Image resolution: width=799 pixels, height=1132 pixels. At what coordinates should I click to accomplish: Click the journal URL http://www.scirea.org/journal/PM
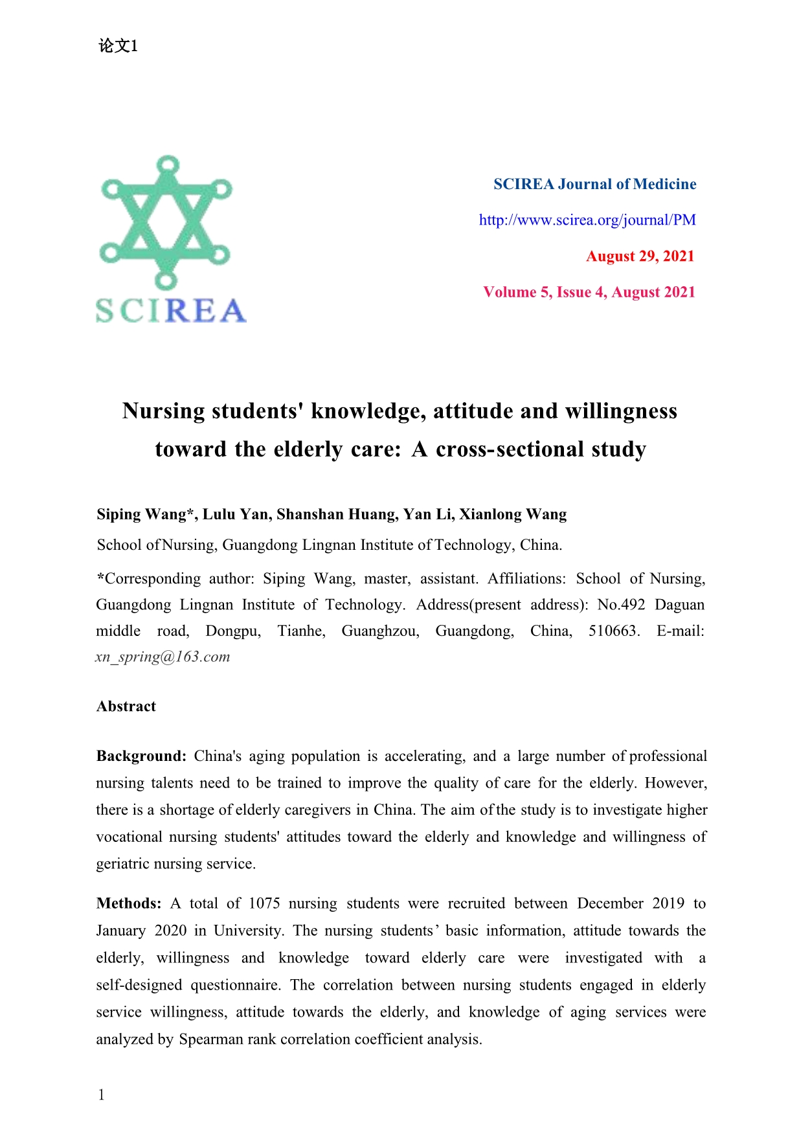coord(587,220)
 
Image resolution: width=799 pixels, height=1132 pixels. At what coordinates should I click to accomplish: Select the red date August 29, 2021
coord(640,256)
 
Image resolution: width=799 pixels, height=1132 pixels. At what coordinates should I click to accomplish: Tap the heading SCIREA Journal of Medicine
coord(594,185)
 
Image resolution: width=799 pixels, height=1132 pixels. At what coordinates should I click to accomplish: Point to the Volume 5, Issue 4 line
coord(589,293)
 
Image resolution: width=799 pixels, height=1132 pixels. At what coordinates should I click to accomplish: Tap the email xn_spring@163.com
coord(163,657)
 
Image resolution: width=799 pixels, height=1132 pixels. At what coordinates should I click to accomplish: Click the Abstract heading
coord(126,707)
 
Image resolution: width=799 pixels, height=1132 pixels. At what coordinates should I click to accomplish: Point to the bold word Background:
coord(141,756)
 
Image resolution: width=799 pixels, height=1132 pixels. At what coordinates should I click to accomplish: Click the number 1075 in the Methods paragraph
coord(264,903)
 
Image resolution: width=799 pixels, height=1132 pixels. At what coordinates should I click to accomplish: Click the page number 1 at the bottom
coord(101,1095)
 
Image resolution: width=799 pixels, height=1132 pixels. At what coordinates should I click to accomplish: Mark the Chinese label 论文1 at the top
coord(118,46)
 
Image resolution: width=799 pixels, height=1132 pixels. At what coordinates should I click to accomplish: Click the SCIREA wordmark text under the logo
coord(171,311)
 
